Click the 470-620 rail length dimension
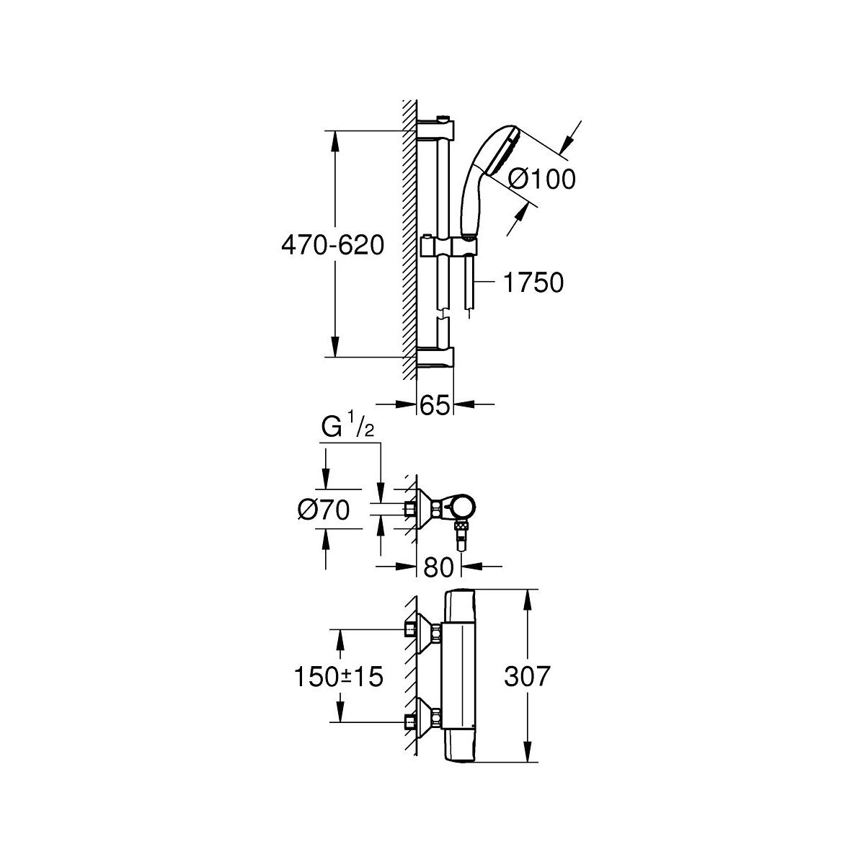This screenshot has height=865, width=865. click(332, 246)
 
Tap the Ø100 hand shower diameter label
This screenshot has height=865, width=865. click(541, 179)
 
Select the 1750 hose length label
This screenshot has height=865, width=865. click(533, 283)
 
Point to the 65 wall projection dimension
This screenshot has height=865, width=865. click(435, 406)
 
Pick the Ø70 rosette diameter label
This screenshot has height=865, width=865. click(323, 510)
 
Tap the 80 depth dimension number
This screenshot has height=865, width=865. click(438, 567)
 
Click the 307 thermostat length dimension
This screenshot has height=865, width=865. click(527, 676)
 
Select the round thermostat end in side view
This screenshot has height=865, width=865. click(461, 507)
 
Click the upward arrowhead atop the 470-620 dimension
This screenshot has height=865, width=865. click(334, 142)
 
